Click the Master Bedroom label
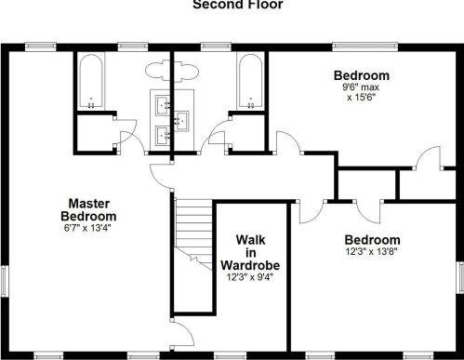88,210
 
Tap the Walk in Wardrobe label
250,253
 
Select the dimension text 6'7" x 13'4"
87,228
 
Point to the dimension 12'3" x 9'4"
250,277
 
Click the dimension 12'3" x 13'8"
371,251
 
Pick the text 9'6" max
361,87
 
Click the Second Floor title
238,5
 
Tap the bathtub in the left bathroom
91,82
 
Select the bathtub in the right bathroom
250,82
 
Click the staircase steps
193,233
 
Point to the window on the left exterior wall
4,281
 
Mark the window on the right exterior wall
460,277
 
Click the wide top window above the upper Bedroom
365,47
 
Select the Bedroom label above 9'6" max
362,75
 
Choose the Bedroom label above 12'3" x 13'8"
372,240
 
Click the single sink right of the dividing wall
181,121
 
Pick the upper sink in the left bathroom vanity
163,105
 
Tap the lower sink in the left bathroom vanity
163,135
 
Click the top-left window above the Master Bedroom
40,47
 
